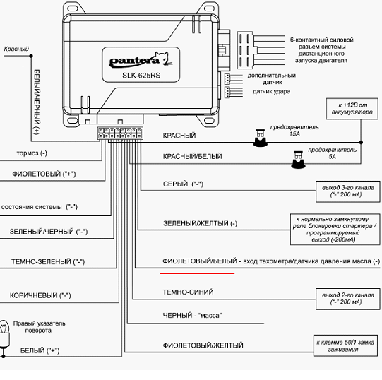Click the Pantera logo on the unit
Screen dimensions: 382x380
[x=141, y=60]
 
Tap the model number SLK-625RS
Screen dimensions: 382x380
[x=141, y=76]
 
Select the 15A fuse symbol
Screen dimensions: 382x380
[x=260, y=138]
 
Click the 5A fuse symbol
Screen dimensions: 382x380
[x=298, y=160]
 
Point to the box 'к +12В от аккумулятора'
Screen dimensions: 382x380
[x=352, y=109]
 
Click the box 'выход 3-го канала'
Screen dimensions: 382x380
[x=348, y=191]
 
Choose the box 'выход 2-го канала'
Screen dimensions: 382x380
[x=348, y=299]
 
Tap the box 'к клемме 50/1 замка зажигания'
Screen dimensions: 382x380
[x=345, y=346]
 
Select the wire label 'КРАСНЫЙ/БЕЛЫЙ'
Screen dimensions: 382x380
[x=193, y=156]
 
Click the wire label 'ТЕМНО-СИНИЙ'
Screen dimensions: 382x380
[x=188, y=292]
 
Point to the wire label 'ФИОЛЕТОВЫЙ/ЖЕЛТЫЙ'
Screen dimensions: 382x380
[x=203, y=345]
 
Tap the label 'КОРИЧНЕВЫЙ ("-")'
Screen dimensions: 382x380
[x=40, y=295]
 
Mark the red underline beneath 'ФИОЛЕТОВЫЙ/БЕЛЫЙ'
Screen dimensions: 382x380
[x=197, y=273]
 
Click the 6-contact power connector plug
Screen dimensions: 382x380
[x=245, y=50]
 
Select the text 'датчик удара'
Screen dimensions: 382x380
[x=271, y=92]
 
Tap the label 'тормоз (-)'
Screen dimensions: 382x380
[x=32, y=153]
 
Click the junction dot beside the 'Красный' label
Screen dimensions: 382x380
[x=31, y=56]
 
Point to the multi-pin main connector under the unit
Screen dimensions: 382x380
[x=120, y=133]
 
